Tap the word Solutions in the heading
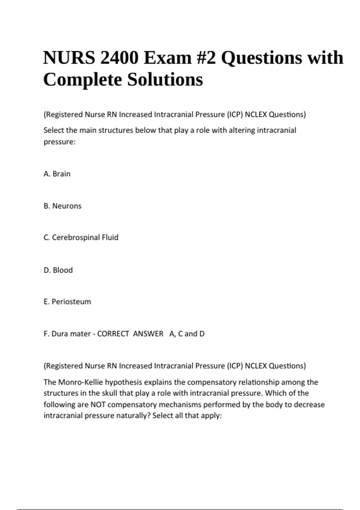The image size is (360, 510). (x=165, y=80)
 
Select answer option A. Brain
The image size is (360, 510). (x=57, y=174)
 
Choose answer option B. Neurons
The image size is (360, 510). (x=62, y=206)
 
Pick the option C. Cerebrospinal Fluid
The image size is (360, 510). (x=81, y=238)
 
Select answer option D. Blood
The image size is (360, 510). (x=58, y=270)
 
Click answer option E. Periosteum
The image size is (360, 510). (x=67, y=301)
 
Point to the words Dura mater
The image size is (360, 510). (x=71, y=334)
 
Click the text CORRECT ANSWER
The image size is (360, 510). (x=130, y=334)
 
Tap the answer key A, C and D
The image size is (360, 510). (x=187, y=334)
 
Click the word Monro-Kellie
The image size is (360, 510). (x=80, y=382)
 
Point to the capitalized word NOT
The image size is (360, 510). (x=98, y=405)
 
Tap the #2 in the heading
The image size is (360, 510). (x=206, y=58)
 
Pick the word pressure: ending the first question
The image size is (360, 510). (x=59, y=142)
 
